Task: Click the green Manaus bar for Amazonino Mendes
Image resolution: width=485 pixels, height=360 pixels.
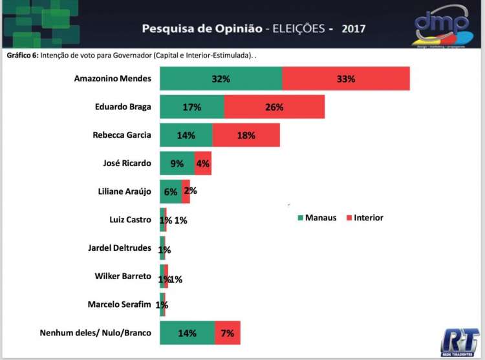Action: click(221, 79)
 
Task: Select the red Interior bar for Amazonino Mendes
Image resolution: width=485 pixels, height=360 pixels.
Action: click(346, 79)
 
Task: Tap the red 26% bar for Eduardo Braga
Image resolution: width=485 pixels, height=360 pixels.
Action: click(274, 107)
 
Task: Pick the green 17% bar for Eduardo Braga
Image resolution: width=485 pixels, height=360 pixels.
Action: click(192, 107)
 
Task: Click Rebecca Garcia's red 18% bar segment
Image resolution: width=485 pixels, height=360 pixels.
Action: click(246, 136)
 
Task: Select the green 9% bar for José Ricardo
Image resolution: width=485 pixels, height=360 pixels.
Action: click(177, 164)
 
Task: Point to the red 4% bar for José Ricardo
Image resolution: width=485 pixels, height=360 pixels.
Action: click(202, 164)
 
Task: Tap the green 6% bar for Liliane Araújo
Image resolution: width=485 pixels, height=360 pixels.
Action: click(171, 192)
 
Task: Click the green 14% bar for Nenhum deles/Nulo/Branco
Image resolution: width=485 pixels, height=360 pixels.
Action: click(187, 334)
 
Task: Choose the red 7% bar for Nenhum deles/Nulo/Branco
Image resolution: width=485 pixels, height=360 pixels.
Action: click(228, 334)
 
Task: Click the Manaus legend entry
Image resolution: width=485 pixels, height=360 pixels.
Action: click(317, 218)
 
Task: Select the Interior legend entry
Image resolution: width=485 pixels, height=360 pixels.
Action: click(365, 218)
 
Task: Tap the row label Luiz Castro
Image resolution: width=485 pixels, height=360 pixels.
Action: click(129, 220)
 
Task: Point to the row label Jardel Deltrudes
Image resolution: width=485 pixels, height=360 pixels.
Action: click(119, 248)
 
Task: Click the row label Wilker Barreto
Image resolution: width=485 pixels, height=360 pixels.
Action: click(122, 277)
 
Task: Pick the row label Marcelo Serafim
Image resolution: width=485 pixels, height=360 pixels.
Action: click(119, 304)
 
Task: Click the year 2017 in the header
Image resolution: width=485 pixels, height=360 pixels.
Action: click(354, 29)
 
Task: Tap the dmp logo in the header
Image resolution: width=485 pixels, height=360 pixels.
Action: click(442, 27)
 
